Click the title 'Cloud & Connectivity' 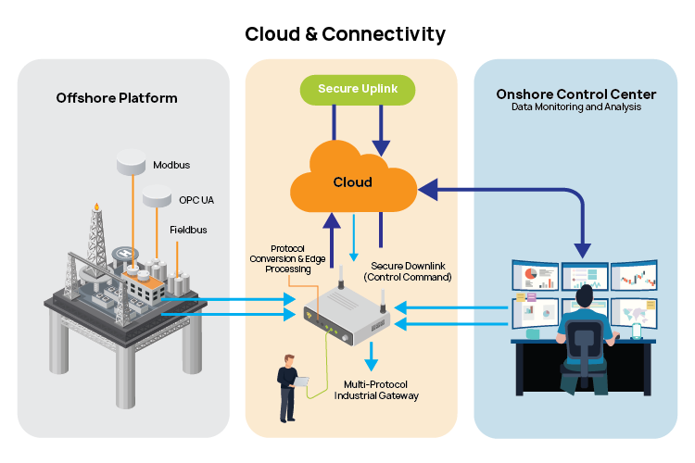coord(345,34)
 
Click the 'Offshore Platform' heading coord(117,97)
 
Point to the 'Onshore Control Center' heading coord(575,94)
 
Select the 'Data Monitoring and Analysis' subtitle coord(575,107)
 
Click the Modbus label coord(171,165)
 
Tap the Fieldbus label coord(188,229)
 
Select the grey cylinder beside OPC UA coord(157,196)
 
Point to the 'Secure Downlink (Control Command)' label coord(408,270)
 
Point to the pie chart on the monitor coord(532,275)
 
